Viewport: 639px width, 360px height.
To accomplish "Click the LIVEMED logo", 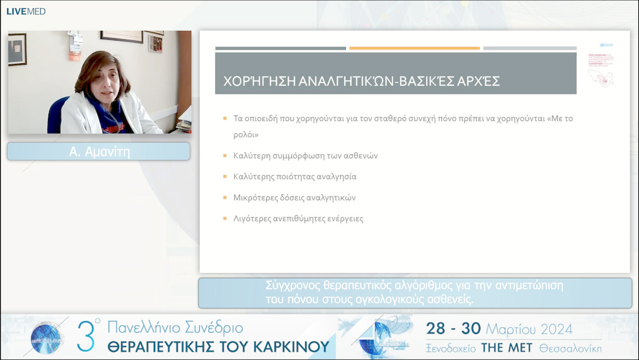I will tap(26, 11).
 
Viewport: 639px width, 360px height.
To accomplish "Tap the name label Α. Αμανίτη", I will tap(99, 152).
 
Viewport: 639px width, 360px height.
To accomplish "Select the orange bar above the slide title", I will tap(414, 48).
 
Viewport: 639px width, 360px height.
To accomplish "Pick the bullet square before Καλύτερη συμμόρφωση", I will tap(225, 156).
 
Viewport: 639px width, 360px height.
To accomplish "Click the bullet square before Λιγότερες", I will tap(225, 218).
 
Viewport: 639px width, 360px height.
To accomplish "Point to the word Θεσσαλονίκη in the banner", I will tap(570, 348).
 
